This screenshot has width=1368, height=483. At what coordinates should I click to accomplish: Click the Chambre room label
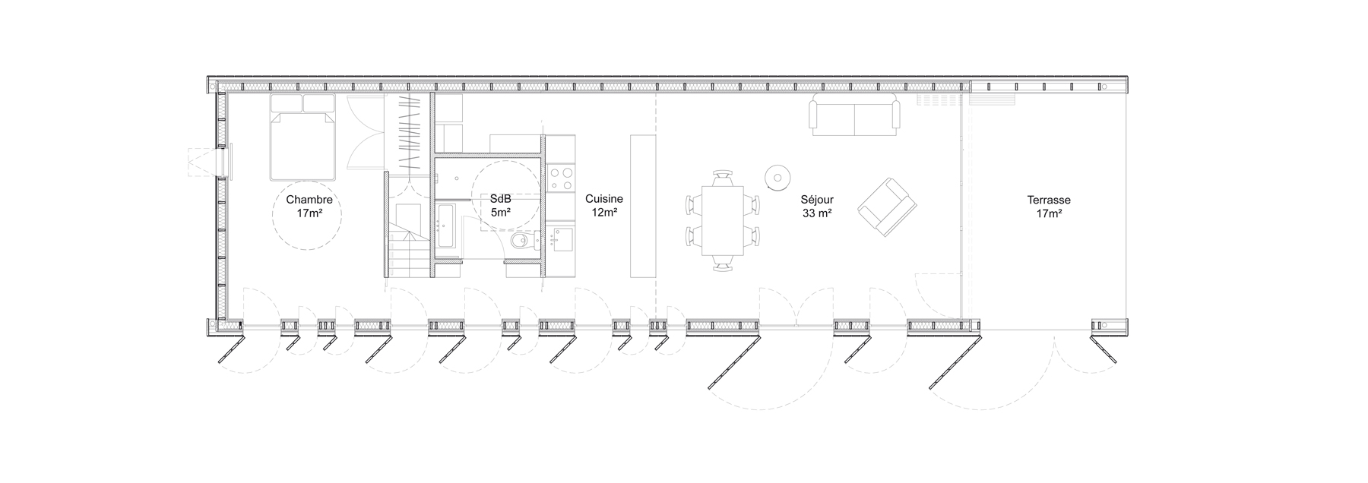[x=309, y=200]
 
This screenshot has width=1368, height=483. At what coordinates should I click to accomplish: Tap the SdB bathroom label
[x=500, y=200]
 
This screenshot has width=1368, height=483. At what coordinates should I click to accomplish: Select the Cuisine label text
[x=604, y=199]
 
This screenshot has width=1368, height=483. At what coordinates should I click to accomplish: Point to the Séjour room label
[x=816, y=200]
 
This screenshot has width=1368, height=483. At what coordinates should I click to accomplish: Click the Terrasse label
[x=1049, y=200]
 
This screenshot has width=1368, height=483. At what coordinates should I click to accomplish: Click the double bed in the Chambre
[x=302, y=137]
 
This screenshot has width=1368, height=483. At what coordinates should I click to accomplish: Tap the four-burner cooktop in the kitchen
[x=562, y=178]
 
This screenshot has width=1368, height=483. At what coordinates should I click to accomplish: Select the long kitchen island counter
[x=643, y=206]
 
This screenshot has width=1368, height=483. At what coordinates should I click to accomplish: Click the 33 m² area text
[x=816, y=213]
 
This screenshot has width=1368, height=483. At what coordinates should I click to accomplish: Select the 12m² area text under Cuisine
[x=604, y=212]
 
